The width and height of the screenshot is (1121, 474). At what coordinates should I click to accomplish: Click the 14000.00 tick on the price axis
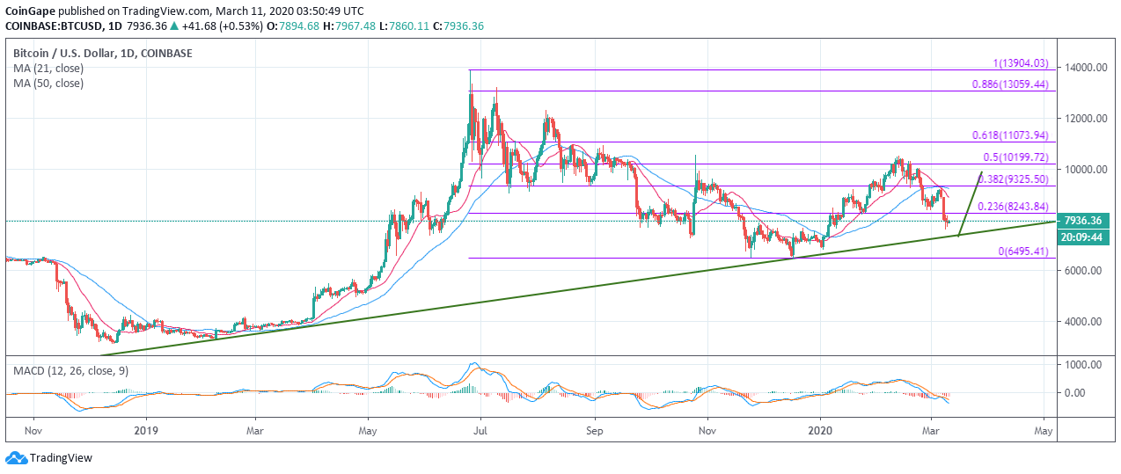[1082, 68]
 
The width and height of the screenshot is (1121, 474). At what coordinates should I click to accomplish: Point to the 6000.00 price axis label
[1082, 271]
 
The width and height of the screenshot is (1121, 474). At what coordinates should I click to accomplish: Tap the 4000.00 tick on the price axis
[1082, 322]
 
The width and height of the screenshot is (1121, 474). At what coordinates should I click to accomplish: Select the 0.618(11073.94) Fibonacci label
[1011, 135]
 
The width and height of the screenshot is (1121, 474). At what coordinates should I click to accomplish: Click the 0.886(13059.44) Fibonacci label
[1011, 84]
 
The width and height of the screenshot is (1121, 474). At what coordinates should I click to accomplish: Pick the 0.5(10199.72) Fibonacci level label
[1016, 157]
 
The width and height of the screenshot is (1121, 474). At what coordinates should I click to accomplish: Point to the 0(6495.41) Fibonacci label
[1022, 252]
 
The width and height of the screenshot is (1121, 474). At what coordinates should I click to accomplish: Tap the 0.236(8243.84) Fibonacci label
[1011, 206]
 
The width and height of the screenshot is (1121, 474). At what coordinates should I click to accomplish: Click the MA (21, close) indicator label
[48, 69]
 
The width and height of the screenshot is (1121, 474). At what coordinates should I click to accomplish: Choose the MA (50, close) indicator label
[48, 84]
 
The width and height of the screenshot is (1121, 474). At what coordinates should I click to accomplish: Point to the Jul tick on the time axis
[480, 432]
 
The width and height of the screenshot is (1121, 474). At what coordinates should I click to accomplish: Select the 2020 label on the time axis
[820, 432]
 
